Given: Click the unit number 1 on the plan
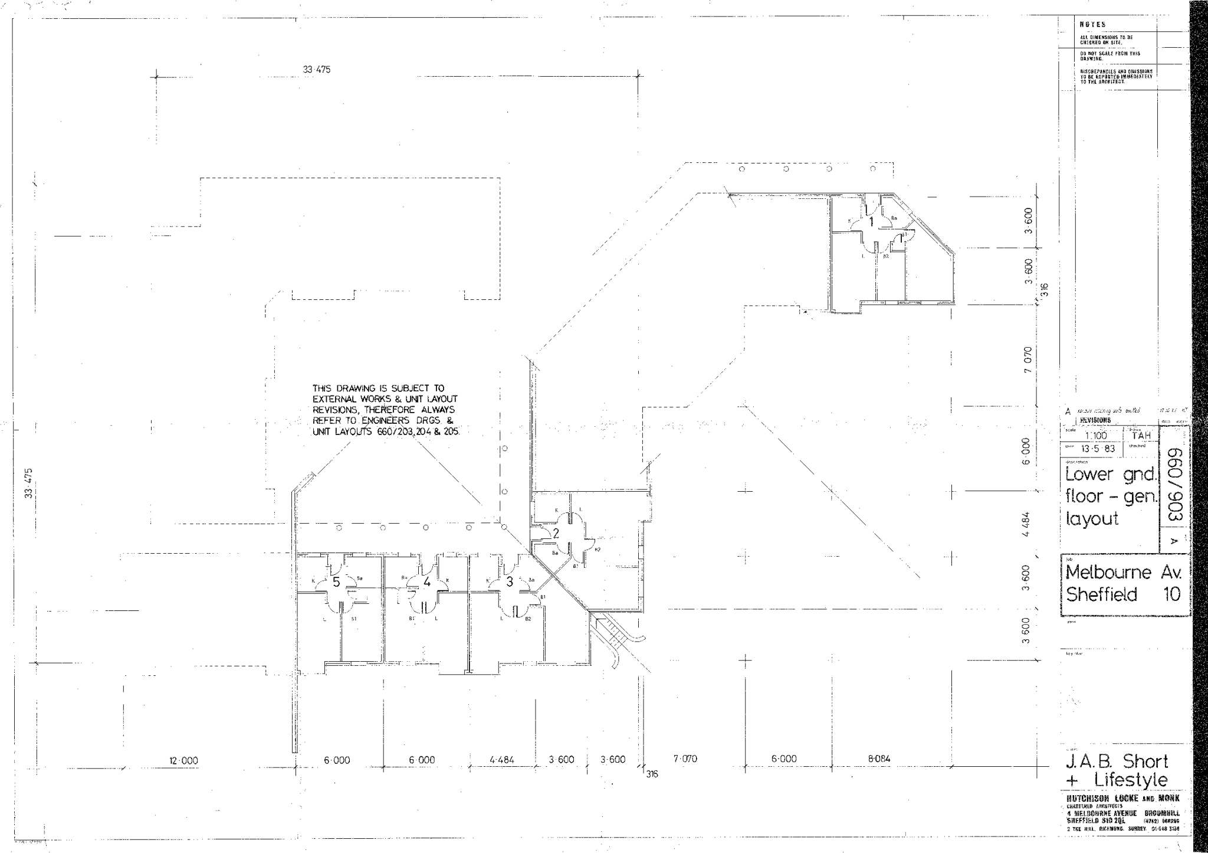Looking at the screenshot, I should [x=871, y=222].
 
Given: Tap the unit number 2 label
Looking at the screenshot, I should [x=555, y=533].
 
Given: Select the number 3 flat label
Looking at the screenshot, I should [x=510, y=582].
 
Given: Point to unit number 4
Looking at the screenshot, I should [x=426, y=582].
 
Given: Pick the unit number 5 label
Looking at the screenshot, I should [x=336, y=582].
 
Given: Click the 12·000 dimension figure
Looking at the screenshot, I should [x=183, y=760].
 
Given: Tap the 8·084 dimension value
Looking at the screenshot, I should [x=879, y=759].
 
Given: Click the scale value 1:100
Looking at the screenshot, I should [x=1095, y=436].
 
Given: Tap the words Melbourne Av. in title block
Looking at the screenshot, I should [x=1123, y=572].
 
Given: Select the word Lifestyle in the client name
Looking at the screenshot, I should [x=1131, y=780].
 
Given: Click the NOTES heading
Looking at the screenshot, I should [x=1092, y=25].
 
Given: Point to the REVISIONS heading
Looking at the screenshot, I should [x=1095, y=420].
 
